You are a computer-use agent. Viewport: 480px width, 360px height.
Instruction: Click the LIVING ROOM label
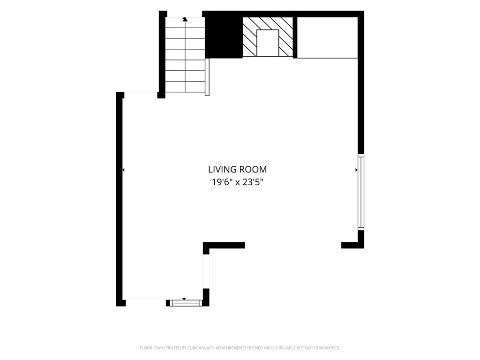237,169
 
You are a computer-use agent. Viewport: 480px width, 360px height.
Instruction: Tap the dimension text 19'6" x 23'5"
238,182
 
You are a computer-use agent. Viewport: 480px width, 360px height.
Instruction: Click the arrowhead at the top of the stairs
185,19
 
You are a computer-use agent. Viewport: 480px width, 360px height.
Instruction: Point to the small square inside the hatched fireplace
268,43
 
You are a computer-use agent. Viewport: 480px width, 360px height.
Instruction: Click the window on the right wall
361,192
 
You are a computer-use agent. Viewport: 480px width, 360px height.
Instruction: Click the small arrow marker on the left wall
123,170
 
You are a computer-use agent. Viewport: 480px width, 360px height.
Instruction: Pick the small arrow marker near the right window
356,170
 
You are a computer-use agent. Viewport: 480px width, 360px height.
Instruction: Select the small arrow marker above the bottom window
184,299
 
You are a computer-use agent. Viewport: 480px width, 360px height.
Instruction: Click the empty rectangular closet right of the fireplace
327,37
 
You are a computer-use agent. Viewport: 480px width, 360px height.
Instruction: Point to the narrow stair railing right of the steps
207,77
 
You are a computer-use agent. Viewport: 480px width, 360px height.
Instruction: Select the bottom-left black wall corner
120,303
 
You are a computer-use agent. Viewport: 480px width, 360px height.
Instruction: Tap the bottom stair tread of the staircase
185,86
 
